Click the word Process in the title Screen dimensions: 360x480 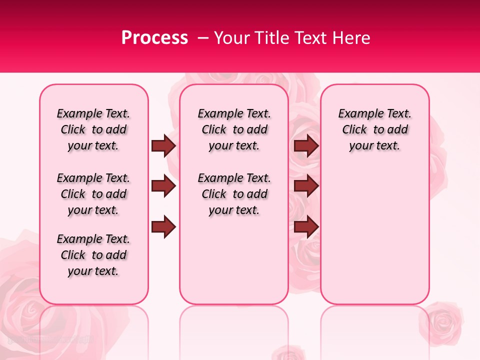tap(154, 38)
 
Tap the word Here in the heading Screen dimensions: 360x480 tap(349, 38)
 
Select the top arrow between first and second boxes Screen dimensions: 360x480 tap(163, 145)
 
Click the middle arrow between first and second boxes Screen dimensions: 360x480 tap(163, 186)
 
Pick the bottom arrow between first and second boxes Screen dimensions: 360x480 tap(163, 227)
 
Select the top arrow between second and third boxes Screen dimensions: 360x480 tap(306, 145)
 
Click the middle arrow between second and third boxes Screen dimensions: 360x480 tap(306, 186)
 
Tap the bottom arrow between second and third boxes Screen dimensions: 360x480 tap(306, 227)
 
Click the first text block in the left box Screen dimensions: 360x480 tap(93, 129)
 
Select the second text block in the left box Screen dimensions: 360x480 tap(93, 194)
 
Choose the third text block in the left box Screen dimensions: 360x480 tap(93, 255)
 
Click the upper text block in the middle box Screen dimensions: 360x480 tap(234, 129)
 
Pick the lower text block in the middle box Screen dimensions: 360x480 tap(234, 194)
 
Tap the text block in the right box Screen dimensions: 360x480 tap(375, 129)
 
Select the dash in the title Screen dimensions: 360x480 tap(203, 38)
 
